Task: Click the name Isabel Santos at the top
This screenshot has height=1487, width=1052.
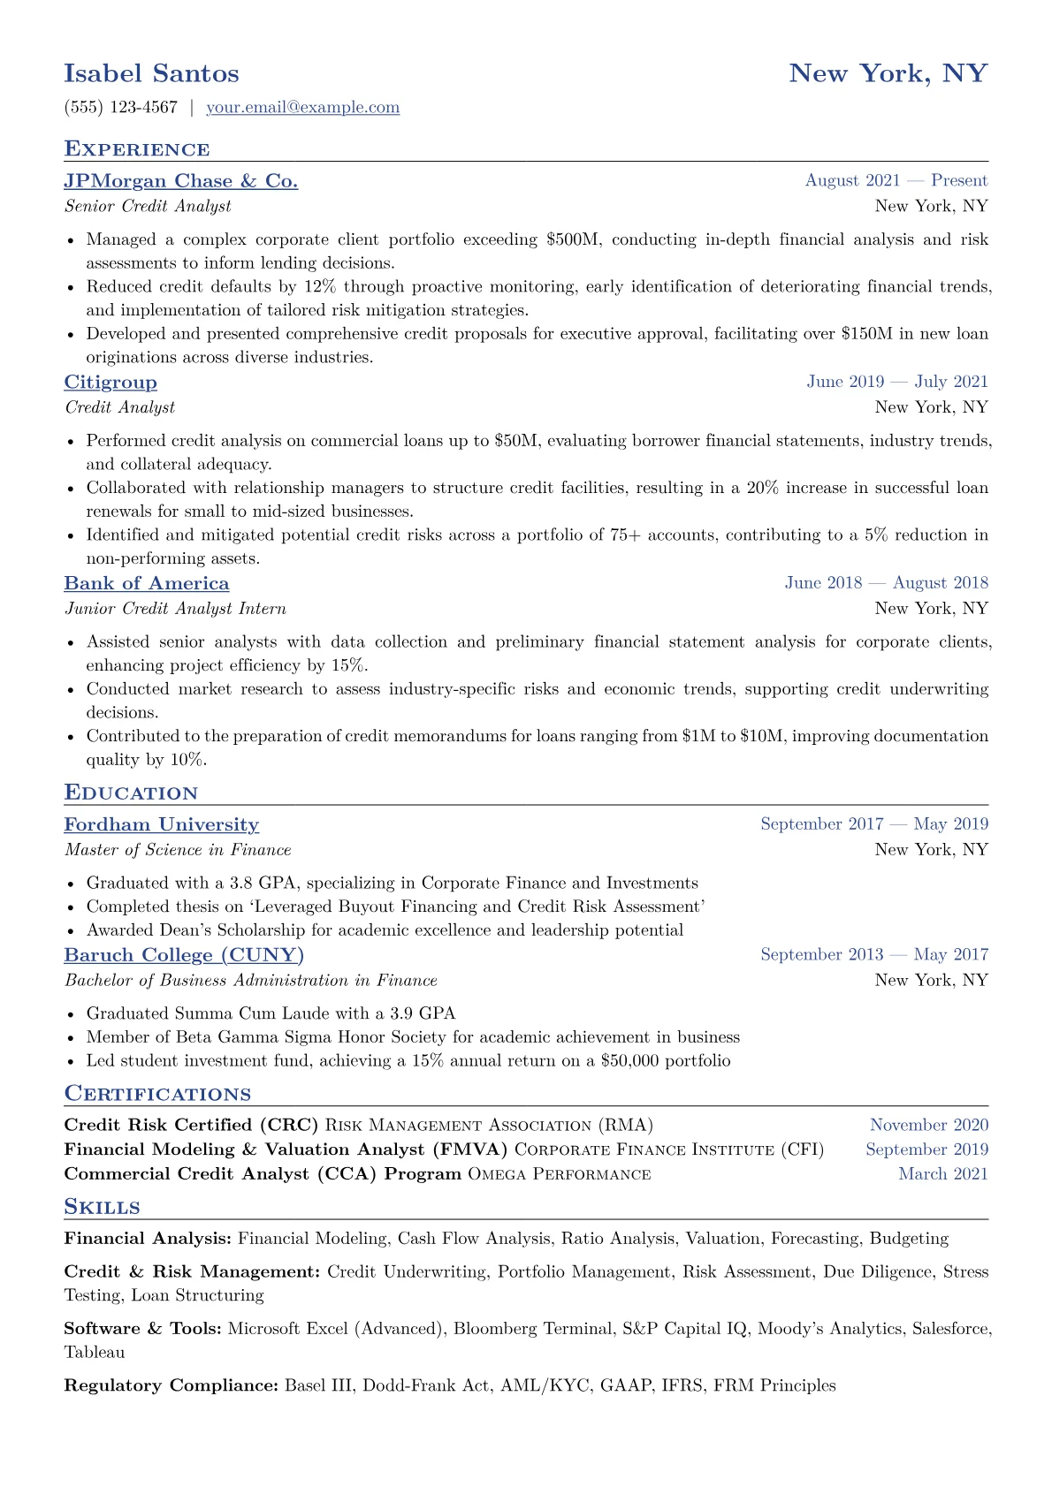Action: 151,73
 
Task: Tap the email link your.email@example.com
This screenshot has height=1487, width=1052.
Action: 302,108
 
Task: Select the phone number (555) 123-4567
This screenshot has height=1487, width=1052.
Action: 120,108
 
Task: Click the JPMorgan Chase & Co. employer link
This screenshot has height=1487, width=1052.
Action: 180,181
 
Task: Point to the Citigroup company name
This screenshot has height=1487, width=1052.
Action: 111,383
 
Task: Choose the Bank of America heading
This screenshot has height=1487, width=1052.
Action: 146,584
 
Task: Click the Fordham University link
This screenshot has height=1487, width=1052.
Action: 161,825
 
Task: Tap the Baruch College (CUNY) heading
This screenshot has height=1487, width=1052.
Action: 184,955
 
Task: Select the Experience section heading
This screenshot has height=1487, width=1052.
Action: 137,149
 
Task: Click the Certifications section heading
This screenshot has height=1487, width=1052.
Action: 157,1095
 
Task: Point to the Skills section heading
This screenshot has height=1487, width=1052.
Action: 102,1208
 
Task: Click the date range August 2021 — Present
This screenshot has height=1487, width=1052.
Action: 896,181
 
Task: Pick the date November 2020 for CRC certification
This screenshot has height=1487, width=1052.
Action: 928,1126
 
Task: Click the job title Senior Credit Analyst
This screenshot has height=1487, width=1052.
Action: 148,207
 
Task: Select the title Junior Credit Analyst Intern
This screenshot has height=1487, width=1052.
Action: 175,609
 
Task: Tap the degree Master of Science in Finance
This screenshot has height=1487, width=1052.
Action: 178,850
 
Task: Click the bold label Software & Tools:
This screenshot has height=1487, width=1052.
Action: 142,1329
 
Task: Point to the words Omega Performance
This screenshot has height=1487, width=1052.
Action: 559,1174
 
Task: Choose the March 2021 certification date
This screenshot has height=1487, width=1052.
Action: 942,1174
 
